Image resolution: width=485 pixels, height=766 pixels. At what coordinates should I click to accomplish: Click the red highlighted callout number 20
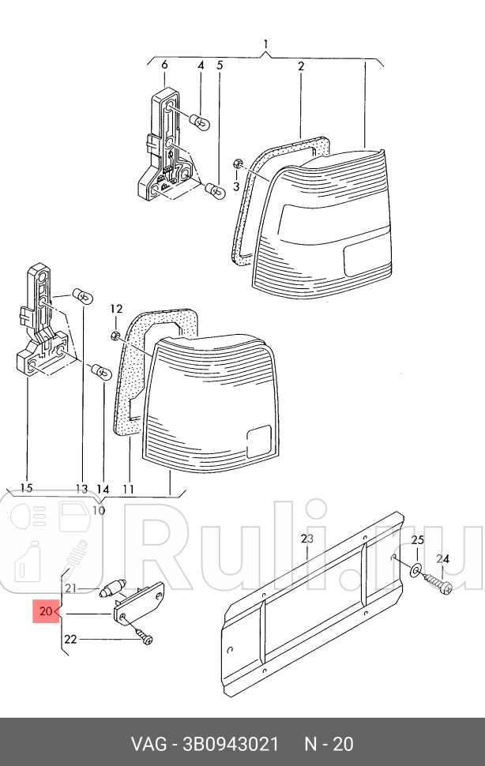pos(44,611)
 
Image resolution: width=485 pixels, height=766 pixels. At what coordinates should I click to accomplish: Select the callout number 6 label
pos(164,66)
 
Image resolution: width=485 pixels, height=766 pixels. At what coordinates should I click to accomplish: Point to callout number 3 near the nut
pos(235,186)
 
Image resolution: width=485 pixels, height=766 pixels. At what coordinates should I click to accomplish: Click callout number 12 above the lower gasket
pos(116,308)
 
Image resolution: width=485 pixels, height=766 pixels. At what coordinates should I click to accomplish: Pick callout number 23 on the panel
pos(307,539)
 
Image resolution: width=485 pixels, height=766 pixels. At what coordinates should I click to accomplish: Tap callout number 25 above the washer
pos(418,539)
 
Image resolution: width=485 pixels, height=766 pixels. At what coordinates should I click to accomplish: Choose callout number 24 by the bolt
pos(444,558)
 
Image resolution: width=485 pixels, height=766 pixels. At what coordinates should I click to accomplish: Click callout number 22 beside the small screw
pos(70,640)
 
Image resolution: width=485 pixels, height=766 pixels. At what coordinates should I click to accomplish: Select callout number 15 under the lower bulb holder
pos(26,489)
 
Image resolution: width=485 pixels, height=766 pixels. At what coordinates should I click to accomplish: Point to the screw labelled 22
pos(143,635)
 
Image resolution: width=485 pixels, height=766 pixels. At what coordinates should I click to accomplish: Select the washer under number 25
pos(415,568)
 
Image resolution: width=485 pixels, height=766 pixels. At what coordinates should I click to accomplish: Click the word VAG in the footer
pos(148,744)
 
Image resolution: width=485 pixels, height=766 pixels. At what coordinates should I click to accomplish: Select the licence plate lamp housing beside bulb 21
pos(140,605)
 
